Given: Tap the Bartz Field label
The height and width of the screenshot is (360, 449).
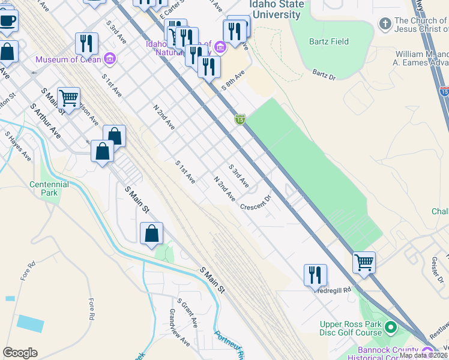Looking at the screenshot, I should click(x=329, y=41).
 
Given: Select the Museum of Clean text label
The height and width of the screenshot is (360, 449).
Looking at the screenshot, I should click(x=68, y=59).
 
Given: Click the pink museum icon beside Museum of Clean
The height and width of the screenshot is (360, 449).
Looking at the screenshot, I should click(x=110, y=59).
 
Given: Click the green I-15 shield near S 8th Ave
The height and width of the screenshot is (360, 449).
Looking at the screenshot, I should click(x=240, y=120).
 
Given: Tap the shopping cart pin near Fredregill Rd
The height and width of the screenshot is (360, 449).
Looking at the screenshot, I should click(x=364, y=262).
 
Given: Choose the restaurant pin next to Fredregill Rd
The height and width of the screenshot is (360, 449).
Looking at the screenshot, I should click(x=315, y=275).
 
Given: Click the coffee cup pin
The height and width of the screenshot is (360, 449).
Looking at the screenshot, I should click(x=7, y=21).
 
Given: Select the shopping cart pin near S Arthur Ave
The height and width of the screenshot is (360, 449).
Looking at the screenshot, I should click(x=69, y=97).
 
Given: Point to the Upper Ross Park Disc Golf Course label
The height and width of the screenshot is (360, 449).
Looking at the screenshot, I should click(x=351, y=328).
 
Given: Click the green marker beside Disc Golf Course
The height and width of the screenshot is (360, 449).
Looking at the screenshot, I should click(x=391, y=328).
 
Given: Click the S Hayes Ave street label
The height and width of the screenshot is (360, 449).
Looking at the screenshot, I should click(x=18, y=146).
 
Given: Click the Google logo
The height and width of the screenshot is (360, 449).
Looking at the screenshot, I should click(x=20, y=352).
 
